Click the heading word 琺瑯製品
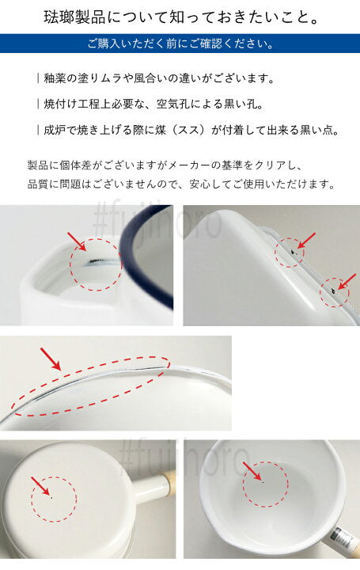74,17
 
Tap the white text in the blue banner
180,44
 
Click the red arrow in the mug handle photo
77,241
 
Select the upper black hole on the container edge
293,251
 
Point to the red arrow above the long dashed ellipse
51,359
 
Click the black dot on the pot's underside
51,497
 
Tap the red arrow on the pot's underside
40,486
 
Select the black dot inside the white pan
263,481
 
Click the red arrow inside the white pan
252,471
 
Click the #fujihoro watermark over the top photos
157,221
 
